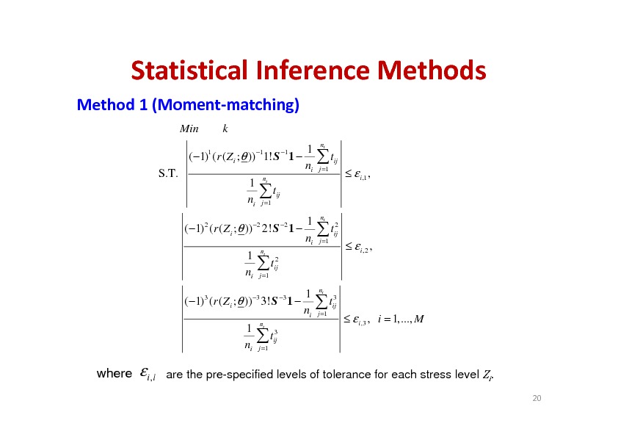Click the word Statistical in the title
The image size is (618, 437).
pyautogui.click(x=189, y=71)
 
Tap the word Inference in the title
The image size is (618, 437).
pyautogui.click(x=313, y=71)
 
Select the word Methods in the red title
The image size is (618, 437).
pyautogui.click(x=432, y=71)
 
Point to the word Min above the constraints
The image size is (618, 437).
pyautogui.click(x=189, y=129)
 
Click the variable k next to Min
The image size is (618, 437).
pyautogui.click(x=225, y=129)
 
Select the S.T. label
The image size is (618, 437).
pyautogui.click(x=168, y=173)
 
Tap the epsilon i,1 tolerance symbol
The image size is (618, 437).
pyautogui.click(x=360, y=174)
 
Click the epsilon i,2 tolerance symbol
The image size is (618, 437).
pyautogui.click(x=361, y=247)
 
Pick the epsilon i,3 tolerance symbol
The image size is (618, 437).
pyautogui.click(x=360, y=319)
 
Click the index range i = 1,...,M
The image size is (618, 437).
pyautogui.click(x=401, y=319)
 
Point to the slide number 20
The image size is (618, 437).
pyautogui.click(x=537, y=398)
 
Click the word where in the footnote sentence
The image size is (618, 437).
pyautogui.click(x=114, y=374)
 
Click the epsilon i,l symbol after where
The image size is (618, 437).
pyautogui.click(x=148, y=375)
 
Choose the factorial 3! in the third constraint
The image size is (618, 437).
pyautogui.click(x=265, y=302)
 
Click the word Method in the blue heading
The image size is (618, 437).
pyautogui.click(x=106, y=105)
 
